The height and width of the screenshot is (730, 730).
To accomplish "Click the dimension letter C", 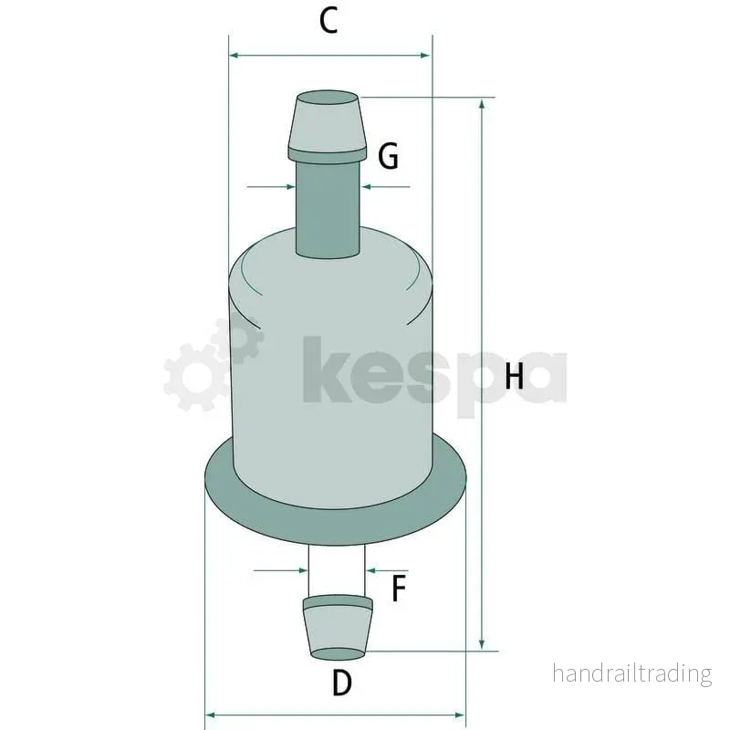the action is (x=328, y=21).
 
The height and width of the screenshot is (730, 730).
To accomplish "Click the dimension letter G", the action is (x=389, y=156).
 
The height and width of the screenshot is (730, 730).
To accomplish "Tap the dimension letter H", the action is (x=514, y=376).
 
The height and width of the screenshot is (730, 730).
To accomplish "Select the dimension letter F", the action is (x=399, y=589).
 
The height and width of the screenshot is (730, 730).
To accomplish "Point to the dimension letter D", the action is (x=342, y=683).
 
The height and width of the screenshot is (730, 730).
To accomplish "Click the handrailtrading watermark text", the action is (x=632, y=673).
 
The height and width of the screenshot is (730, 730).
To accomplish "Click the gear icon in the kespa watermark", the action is (x=214, y=364).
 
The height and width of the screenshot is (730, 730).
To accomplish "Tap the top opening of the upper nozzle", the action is (x=328, y=98).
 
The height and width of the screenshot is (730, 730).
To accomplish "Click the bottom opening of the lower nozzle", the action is (x=339, y=653).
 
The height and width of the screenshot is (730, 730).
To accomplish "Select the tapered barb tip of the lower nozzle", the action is (x=338, y=628).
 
